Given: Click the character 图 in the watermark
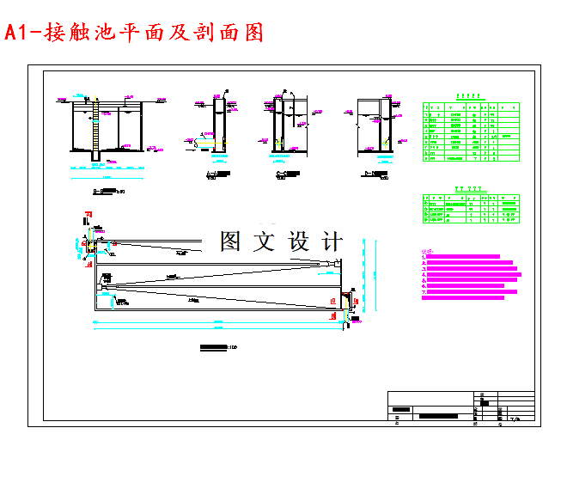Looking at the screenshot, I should pyautogui.click(x=230, y=241).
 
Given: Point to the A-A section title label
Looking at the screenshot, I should pyautogui.click(x=219, y=175).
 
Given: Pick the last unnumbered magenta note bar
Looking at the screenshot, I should pyautogui.click(x=465, y=298).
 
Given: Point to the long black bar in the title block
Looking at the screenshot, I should pyautogui.click(x=445, y=415).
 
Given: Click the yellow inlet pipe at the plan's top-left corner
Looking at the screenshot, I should pyautogui.click(x=88, y=246).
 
